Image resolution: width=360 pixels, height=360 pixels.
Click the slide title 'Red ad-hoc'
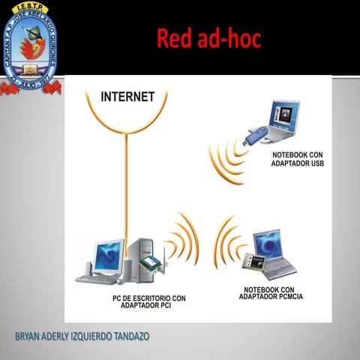pos(208,38)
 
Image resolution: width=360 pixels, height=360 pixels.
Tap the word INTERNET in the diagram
pos(128,97)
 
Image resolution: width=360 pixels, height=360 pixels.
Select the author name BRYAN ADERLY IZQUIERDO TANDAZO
pos(82,335)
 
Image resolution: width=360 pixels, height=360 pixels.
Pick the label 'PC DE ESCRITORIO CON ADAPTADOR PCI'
pos(144,301)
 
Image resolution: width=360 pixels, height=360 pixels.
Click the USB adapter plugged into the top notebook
pos(255,136)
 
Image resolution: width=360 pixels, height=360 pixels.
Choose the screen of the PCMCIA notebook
pos(268,244)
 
